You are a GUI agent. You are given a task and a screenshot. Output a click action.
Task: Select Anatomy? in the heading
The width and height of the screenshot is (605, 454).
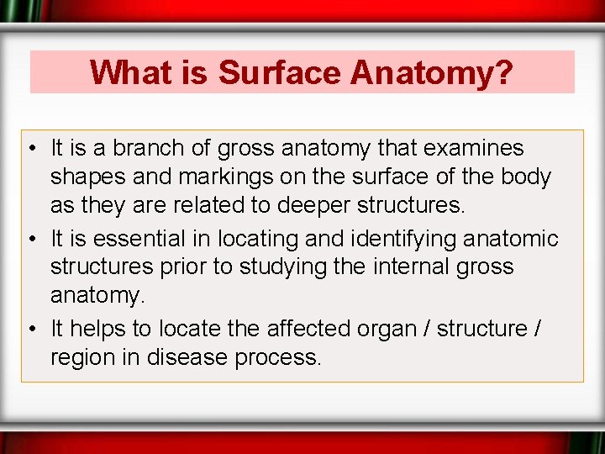pyautogui.click(x=432, y=72)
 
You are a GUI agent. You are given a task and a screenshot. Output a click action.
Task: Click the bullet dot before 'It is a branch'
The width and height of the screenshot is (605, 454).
pyautogui.click(x=31, y=150)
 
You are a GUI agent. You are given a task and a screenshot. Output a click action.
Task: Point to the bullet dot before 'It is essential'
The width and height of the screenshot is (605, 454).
pyautogui.click(x=31, y=240)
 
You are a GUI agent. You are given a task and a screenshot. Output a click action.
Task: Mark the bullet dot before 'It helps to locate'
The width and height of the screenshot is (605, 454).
pyautogui.click(x=31, y=329)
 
